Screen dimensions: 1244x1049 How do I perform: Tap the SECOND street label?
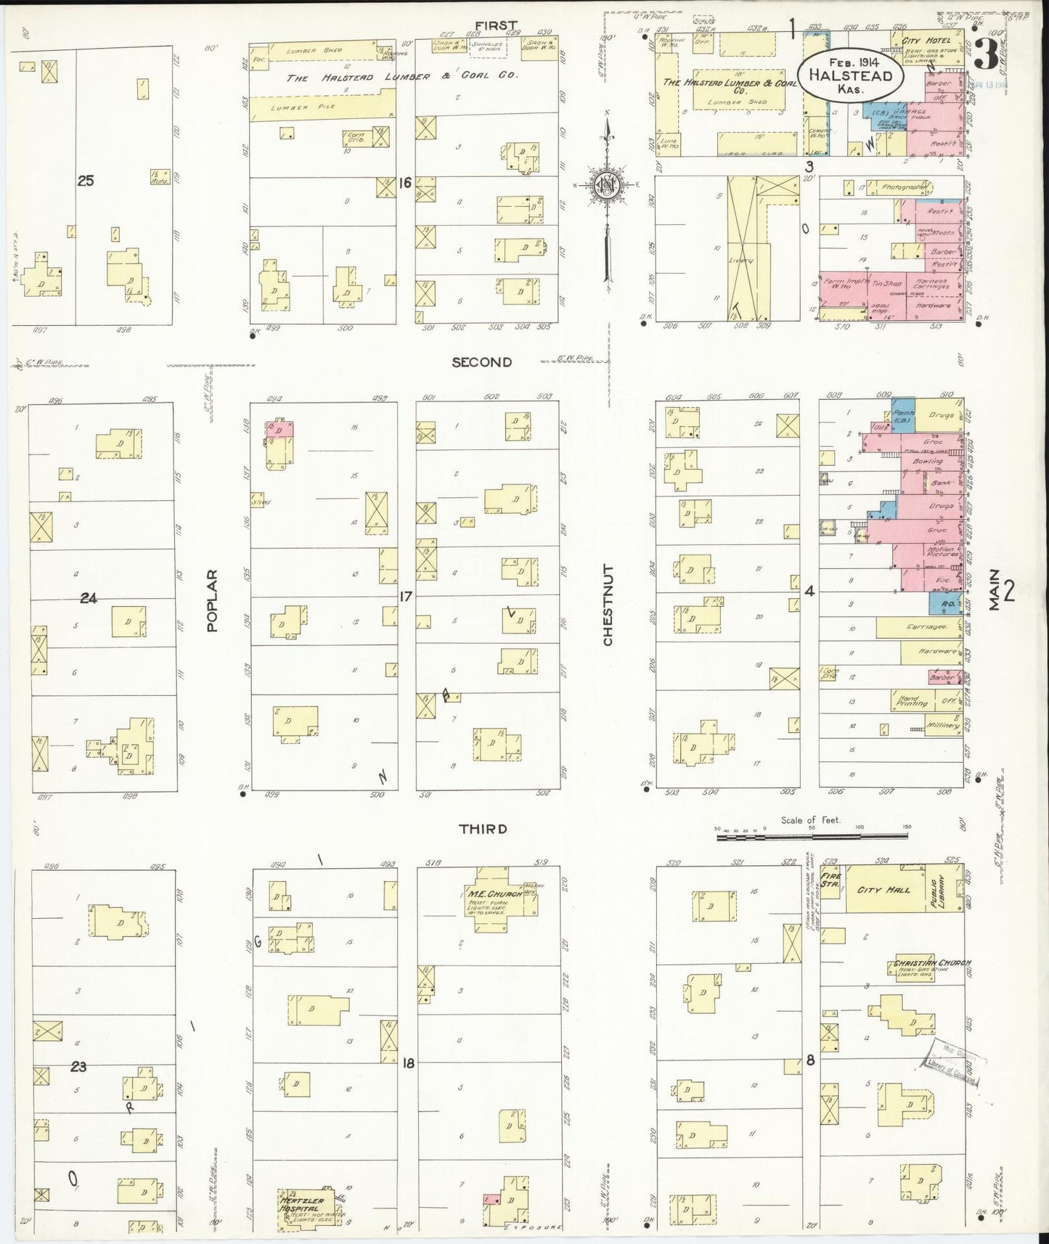click(x=481, y=362)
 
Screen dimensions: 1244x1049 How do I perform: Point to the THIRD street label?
click(x=483, y=829)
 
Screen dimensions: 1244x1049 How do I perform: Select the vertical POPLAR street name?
click(x=212, y=600)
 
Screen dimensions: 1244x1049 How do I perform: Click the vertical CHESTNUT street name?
click(x=608, y=605)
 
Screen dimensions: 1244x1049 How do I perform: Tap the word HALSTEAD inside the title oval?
click(x=850, y=76)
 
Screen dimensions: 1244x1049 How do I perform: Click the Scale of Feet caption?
click(x=809, y=820)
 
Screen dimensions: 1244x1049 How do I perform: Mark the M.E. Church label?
click(x=495, y=893)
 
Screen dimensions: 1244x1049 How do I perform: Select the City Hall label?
click(x=884, y=889)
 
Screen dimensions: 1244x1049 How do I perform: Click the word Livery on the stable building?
click(x=740, y=261)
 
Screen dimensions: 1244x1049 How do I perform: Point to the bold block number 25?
click(x=86, y=181)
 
